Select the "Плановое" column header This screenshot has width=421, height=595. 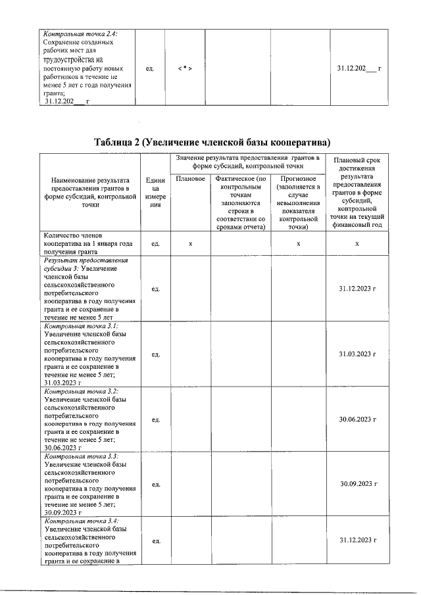pos(190,178)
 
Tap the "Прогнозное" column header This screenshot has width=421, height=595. pos(298,178)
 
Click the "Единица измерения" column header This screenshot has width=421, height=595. pos(156,192)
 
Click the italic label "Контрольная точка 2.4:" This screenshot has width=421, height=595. pos(80,34)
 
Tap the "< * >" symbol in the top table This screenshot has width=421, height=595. pos(185,68)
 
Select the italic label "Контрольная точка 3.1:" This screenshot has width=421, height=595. pos(80,326)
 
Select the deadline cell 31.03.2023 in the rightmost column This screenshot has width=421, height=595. pos(357,354)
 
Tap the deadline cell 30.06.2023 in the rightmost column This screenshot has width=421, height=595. pos(357,419)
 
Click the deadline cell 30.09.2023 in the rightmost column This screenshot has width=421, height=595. pos(357,484)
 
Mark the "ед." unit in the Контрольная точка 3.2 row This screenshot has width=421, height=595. pos(156,419)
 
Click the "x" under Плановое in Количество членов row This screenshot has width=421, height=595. pos(190,243)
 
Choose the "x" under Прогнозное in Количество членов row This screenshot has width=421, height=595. pos(298,243)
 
